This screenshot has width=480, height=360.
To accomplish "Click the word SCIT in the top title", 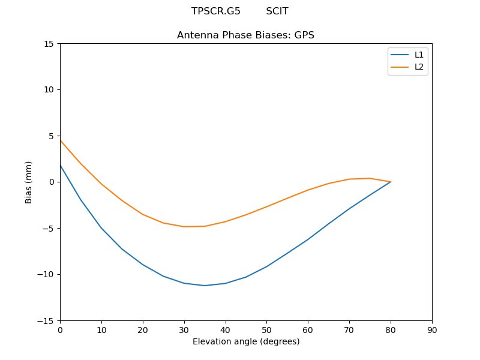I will pos(277,11).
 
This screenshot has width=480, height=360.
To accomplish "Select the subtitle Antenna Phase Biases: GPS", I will pos(245,35).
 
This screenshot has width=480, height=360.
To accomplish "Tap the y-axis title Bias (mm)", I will pos(29,182).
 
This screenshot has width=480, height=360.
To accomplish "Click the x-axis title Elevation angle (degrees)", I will pos(245,341).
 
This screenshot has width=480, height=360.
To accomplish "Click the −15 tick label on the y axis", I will pos(46,321).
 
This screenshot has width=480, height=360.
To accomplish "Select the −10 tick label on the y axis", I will pos(46,275).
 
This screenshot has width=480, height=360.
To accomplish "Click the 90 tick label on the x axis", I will pos(431,329).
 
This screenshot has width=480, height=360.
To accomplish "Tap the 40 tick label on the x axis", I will pos(225,329).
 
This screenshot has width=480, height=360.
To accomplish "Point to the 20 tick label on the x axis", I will pos(142,329).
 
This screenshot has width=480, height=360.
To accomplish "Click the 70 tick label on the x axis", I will pos(349,329).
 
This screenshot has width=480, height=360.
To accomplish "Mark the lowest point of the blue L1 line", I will pos(205,286).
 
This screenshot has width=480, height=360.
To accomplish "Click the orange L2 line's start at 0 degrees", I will pos(61,140).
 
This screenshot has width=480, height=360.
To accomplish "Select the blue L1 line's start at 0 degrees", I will pos(61,165).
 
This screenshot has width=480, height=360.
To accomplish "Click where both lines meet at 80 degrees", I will pos(391,182).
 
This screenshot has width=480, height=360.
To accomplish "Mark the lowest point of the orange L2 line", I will pos(184,227).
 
